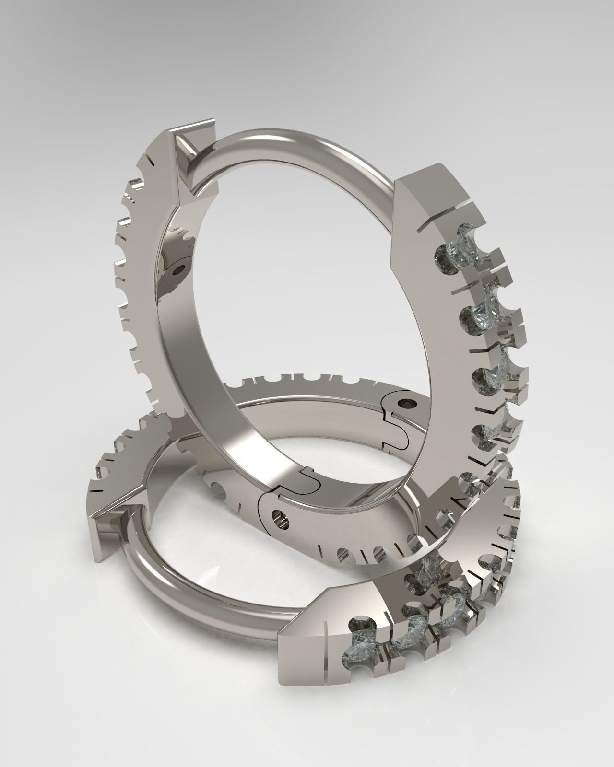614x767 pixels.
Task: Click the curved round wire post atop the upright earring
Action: pos(297,144)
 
